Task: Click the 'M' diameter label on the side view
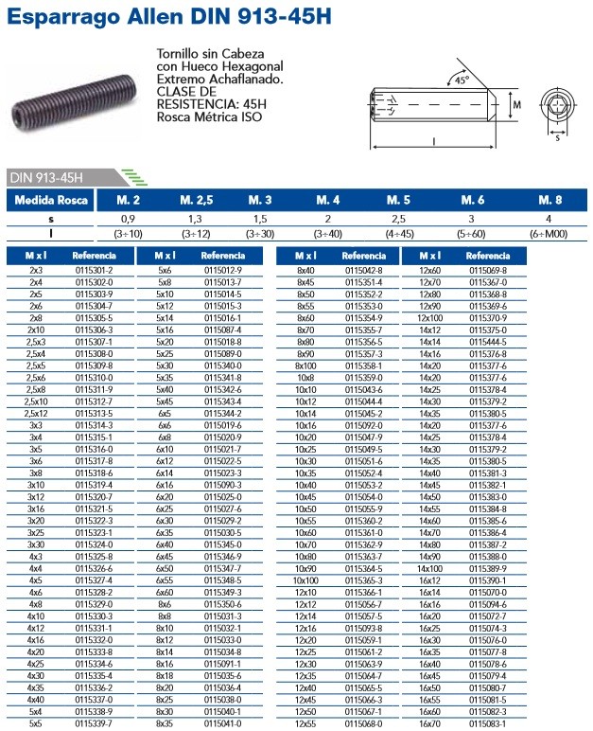tap(516, 107)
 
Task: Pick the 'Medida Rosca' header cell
tap(52, 200)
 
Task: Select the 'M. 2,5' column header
tap(196, 200)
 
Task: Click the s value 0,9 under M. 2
tap(129, 218)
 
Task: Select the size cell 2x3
tap(35, 270)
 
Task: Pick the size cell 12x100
tap(430, 317)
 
